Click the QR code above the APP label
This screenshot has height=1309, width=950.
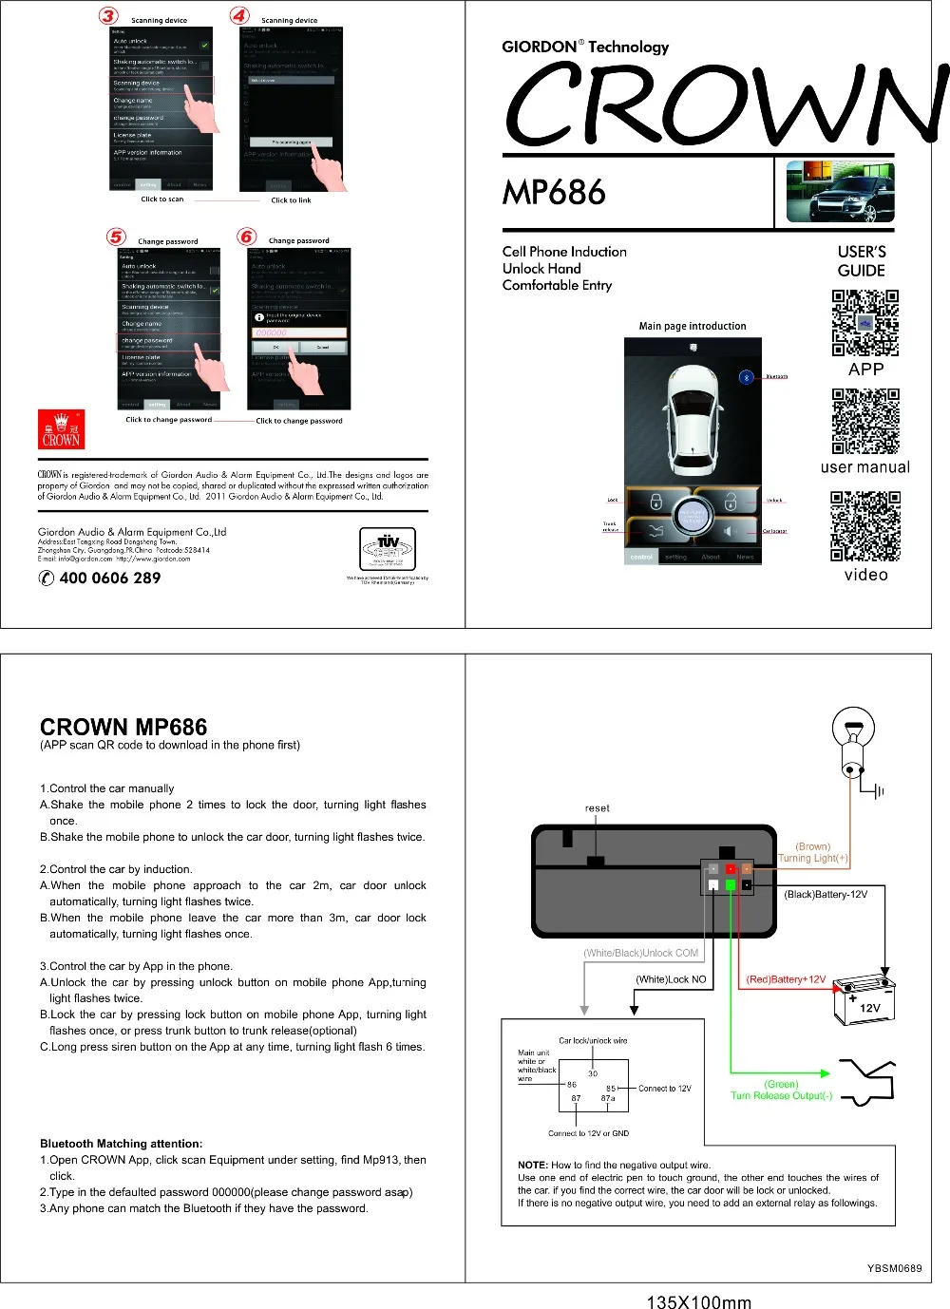pyautogui.click(x=864, y=323)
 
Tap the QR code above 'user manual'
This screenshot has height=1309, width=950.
pyautogui.click(x=864, y=422)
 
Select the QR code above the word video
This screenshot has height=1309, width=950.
pyautogui.click(x=864, y=526)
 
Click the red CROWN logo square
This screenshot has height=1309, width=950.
pyautogui.click(x=61, y=429)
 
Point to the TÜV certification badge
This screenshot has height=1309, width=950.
pyautogui.click(x=388, y=549)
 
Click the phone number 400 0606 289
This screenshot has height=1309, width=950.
pyautogui.click(x=109, y=578)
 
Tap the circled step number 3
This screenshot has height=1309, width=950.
pyautogui.click(x=109, y=15)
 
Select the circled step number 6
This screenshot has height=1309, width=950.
pyautogui.click(x=247, y=237)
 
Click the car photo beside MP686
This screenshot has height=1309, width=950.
pyautogui.click(x=840, y=192)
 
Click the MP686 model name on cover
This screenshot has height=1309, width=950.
pyautogui.click(x=554, y=193)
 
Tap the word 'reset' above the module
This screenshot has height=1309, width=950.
pyautogui.click(x=597, y=808)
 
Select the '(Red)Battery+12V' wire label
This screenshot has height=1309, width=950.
pyautogui.click(x=786, y=979)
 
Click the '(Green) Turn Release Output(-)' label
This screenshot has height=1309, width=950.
pyautogui.click(x=781, y=1090)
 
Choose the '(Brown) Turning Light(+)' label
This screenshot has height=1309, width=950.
pyautogui.click(x=812, y=852)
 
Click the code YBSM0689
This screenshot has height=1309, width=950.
pyautogui.click(x=894, y=1268)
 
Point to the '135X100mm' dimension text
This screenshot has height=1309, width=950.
pyautogui.click(x=698, y=1302)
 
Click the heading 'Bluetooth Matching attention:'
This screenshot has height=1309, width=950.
pyautogui.click(x=121, y=1144)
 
